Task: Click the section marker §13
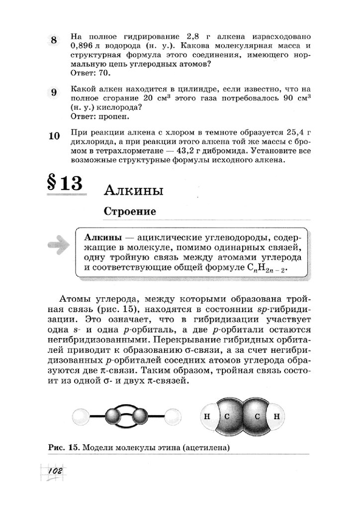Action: pos(65,184)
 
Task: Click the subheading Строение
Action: pos(130,211)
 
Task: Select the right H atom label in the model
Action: pos(277,416)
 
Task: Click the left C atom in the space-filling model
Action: pos(227,416)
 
